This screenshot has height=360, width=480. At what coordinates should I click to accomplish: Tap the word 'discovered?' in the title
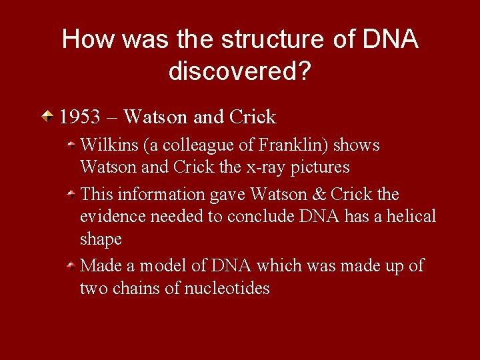point(239,71)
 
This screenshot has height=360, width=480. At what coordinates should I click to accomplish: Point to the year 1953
point(80,117)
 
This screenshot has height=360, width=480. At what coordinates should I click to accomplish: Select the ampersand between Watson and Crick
point(319,194)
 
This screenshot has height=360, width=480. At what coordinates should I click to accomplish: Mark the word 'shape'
point(101,239)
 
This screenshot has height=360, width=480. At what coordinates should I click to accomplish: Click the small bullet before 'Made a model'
point(71,266)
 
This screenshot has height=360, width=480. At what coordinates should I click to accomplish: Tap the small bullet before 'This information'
point(71,194)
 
